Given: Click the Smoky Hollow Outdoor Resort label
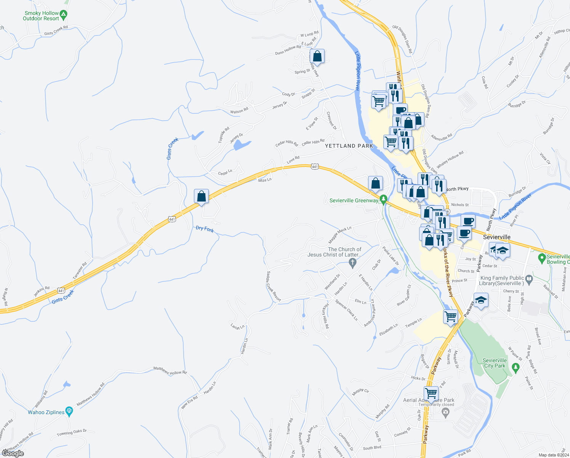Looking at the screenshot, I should click(41, 16).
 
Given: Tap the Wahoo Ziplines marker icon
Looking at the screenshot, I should click(69, 411).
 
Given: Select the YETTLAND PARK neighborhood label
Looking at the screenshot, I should click(349, 146).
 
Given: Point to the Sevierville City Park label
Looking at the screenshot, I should click(495, 363).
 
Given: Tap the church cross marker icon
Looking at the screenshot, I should click(352, 262).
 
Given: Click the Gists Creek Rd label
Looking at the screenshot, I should click(56, 31).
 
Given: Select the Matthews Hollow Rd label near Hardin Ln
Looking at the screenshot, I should click(170, 370).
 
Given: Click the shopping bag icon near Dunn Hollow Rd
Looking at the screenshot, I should click(317, 56).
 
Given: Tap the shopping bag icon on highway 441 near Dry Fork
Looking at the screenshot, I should click(201, 197).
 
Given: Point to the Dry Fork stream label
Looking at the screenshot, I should click(205, 229).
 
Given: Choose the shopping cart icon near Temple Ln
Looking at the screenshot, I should click(451, 316).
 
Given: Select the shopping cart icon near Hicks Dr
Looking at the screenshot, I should click(431, 393).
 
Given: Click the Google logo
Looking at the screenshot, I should click(13, 453).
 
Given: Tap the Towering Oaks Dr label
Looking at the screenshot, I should click(72, 433).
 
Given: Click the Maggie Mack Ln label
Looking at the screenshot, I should click(340, 235).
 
